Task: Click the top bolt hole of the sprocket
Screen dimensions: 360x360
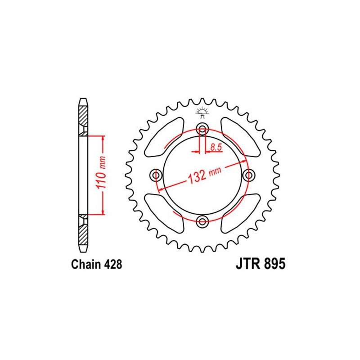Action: click(x=202, y=129)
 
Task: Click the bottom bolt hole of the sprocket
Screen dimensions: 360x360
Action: click(x=202, y=221)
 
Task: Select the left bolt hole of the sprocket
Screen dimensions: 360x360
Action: click(x=156, y=175)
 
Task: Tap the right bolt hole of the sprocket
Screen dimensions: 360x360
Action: click(x=249, y=175)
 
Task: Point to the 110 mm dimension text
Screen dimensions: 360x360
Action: click(x=101, y=173)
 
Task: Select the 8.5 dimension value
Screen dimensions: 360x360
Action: click(x=216, y=147)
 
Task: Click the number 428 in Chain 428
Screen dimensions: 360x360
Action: click(x=113, y=264)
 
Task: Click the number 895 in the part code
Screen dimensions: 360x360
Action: click(x=274, y=264)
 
